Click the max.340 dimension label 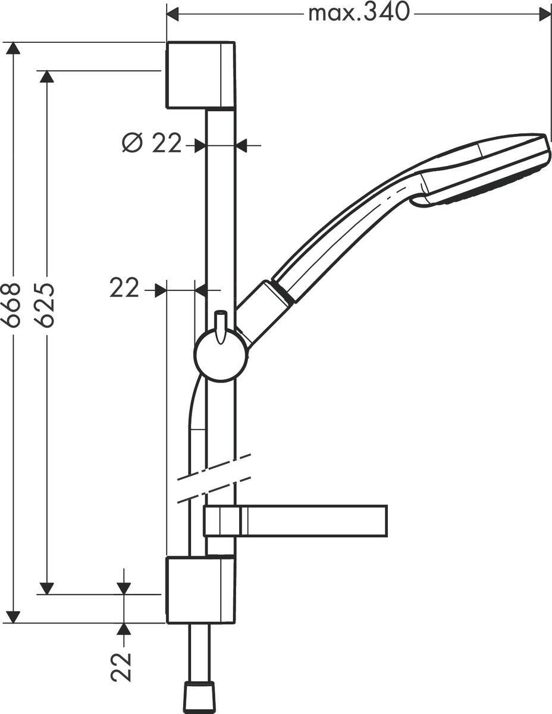359,12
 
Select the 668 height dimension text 12,305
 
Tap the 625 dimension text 45,305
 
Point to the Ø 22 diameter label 152,143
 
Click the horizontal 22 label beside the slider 124,289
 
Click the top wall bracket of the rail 200,75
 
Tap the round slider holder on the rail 220,356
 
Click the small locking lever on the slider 221,326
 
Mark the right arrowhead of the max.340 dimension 544,13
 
